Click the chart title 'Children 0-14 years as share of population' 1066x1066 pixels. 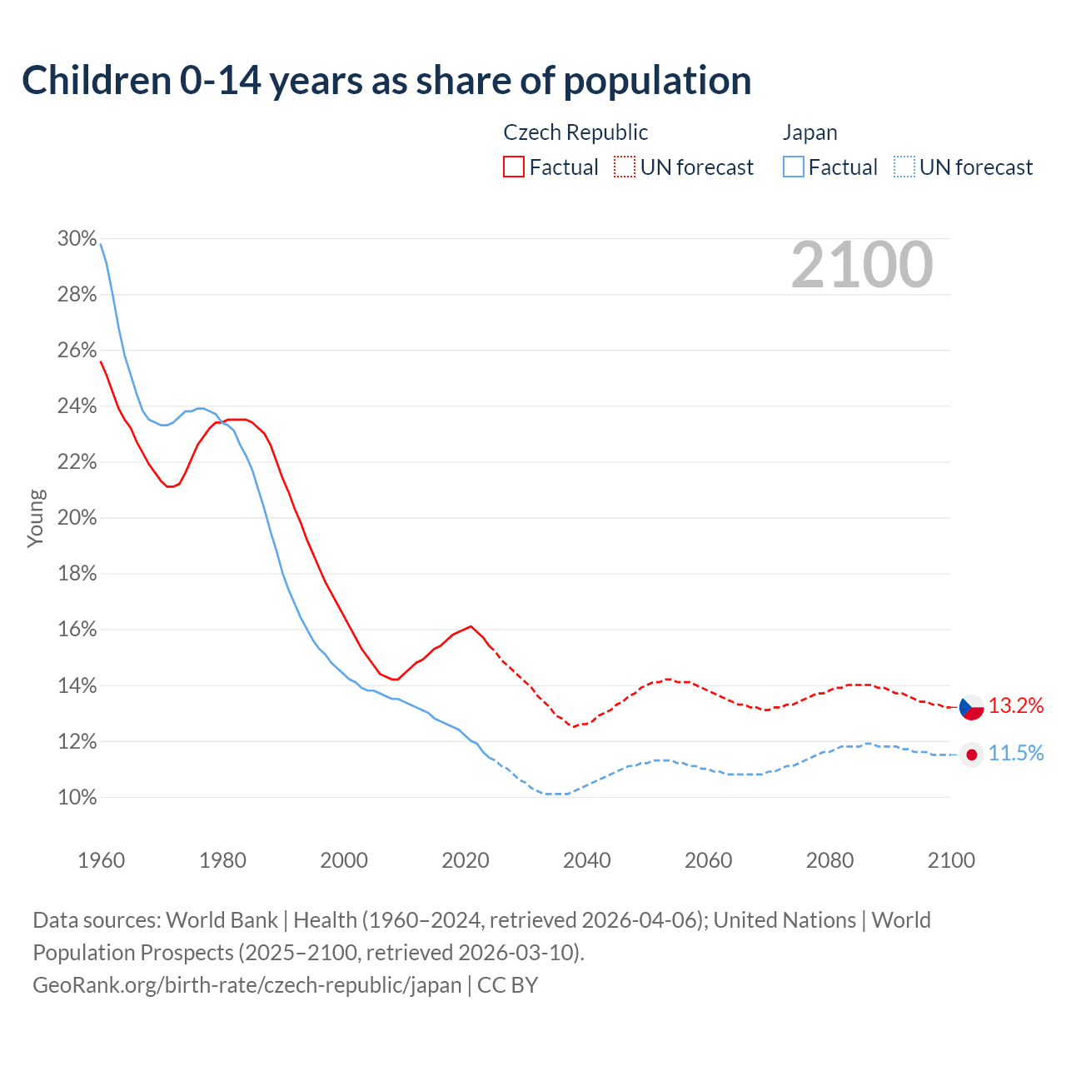point(386,81)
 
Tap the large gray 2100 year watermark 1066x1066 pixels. point(862,265)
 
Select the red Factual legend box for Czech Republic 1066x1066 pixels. point(514,167)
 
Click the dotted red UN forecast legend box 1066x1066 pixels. point(625,167)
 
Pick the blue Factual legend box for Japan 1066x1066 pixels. point(794,167)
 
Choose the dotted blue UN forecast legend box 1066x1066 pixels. point(904,167)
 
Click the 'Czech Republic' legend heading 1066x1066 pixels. point(575,132)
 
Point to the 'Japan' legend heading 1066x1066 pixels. point(809,132)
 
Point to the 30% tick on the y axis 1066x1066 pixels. point(77,239)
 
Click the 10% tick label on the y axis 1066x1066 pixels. point(77,798)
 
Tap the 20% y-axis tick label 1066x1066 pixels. point(77,518)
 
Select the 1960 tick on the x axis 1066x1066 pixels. point(101,860)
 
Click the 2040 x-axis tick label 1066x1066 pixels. point(587,860)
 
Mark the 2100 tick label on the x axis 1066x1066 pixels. point(951,860)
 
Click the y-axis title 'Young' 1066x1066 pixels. point(36,518)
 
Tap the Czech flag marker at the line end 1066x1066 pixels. point(972,707)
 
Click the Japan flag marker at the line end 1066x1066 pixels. point(972,755)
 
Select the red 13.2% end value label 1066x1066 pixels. point(1016,706)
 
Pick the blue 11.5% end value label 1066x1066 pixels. point(1016,754)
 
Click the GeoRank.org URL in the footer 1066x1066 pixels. point(247,985)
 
